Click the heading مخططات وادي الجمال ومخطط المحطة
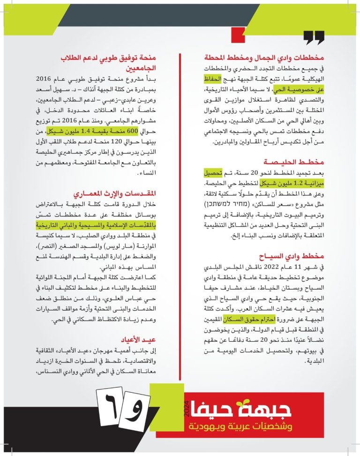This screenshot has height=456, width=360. [x=263, y=58]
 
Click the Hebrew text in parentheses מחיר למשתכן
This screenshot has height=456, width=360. [x=228, y=204]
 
